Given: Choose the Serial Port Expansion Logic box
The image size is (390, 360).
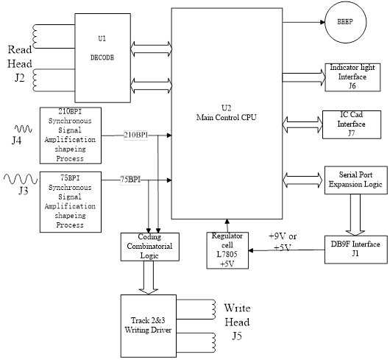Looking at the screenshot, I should point(355,180).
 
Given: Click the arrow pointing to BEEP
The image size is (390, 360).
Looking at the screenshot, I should point(302,22).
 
